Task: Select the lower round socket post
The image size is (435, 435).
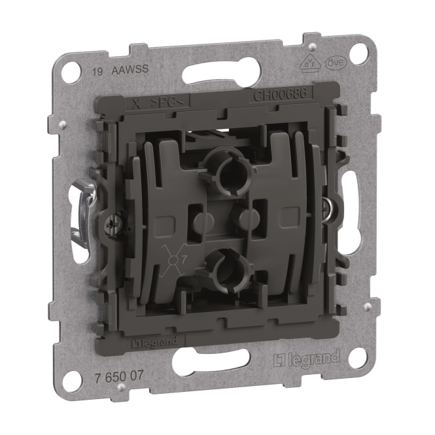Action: tap(226, 265)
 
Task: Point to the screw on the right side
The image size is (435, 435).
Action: tap(325, 207)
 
